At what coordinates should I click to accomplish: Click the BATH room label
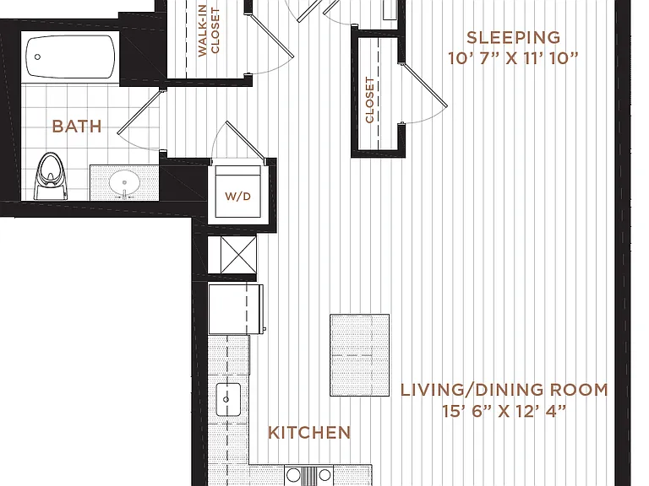77,126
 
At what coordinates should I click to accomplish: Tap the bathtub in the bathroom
70,57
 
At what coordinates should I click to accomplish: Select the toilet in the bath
51,176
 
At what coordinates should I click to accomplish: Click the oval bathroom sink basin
124,182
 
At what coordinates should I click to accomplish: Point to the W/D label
238,197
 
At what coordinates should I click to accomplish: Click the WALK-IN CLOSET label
209,32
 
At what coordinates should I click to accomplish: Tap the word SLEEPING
514,38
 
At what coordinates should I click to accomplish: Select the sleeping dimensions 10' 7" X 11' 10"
513,58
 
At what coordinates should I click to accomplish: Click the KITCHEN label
309,433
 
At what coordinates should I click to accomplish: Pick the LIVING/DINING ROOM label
504,390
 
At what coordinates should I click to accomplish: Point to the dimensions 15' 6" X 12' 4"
504,411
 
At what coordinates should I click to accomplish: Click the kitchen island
360,355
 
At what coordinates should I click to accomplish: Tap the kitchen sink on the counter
228,399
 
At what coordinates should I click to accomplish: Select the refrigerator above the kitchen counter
236,309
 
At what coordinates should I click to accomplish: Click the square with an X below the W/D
238,255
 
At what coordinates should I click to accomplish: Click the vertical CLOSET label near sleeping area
369,100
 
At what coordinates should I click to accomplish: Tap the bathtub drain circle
37,57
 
